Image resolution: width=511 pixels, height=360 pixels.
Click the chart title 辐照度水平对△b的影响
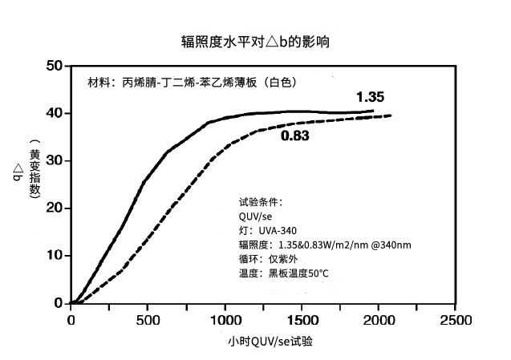pyautogui.click(x=255, y=40)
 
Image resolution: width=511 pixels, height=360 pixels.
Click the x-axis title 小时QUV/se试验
pyautogui.click(x=270, y=342)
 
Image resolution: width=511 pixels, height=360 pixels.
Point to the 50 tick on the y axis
pyautogui.click(x=55, y=66)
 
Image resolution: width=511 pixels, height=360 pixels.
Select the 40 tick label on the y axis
pyautogui.click(x=55, y=113)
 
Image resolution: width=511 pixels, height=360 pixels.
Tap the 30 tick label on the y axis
pyautogui.click(x=55, y=160)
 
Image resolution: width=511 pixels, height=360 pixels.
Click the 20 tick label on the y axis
pyautogui.click(x=55, y=208)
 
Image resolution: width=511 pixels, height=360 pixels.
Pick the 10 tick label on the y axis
pyautogui.click(x=55, y=255)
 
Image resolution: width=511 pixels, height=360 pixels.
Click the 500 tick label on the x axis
pyautogui.click(x=148, y=319)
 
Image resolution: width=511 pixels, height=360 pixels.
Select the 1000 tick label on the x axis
pyautogui.click(x=225, y=319)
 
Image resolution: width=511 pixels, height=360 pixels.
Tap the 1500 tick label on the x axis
pyautogui.click(x=301, y=319)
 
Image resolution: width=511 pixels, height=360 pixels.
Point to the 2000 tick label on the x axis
pyautogui.click(x=378, y=319)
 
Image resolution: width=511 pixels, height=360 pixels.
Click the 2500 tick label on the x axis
pyautogui.click(x=454, y=319)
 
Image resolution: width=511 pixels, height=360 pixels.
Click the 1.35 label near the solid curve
pyautogui.click(x=370, y=97)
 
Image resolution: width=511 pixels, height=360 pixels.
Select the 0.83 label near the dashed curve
pyautogui.click(x=294, y=136)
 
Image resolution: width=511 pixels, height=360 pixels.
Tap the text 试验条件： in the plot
pyautogui.click(x=261, y=201)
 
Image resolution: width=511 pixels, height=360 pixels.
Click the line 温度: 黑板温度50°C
pyautogui.click(x=283, y=273)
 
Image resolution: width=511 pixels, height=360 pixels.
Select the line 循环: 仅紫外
pyautogui.click(x=266, y=259)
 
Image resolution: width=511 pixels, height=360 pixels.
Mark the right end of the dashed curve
pyautogui.click(x=391, y=115)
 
